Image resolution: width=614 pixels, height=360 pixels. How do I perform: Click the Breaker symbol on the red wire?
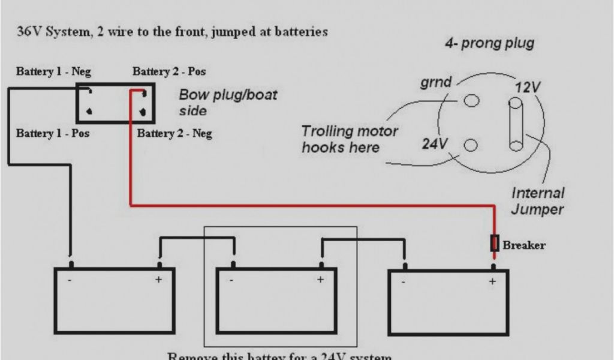point(495,243)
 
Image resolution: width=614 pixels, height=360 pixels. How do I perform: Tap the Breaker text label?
point(524,245)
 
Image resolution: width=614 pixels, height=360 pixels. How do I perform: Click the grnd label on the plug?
point(435,83)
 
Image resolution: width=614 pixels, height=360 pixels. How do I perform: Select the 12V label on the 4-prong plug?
point(528,88)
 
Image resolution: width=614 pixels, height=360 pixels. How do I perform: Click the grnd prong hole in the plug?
point(472,100)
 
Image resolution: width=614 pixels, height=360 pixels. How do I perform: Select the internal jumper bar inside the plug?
point(516,125)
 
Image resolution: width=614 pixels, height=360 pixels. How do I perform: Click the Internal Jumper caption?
point(538,201)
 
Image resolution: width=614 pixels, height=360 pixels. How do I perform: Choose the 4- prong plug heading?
point(489,44)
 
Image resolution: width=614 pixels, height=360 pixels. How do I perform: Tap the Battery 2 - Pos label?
point(169,72)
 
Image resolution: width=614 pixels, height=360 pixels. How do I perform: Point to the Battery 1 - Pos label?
point(53,133)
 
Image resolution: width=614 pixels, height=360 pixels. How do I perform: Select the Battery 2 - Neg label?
point(174,133)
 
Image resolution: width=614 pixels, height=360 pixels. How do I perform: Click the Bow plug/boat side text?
point(228,103)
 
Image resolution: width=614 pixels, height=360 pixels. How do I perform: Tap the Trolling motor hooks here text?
point(350,139)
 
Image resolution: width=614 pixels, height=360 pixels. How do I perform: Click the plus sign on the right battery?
point(493,281)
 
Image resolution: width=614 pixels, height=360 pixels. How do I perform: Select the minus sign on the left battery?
point(70,280)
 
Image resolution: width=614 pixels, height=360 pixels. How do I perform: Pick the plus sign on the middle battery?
point(320,279)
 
